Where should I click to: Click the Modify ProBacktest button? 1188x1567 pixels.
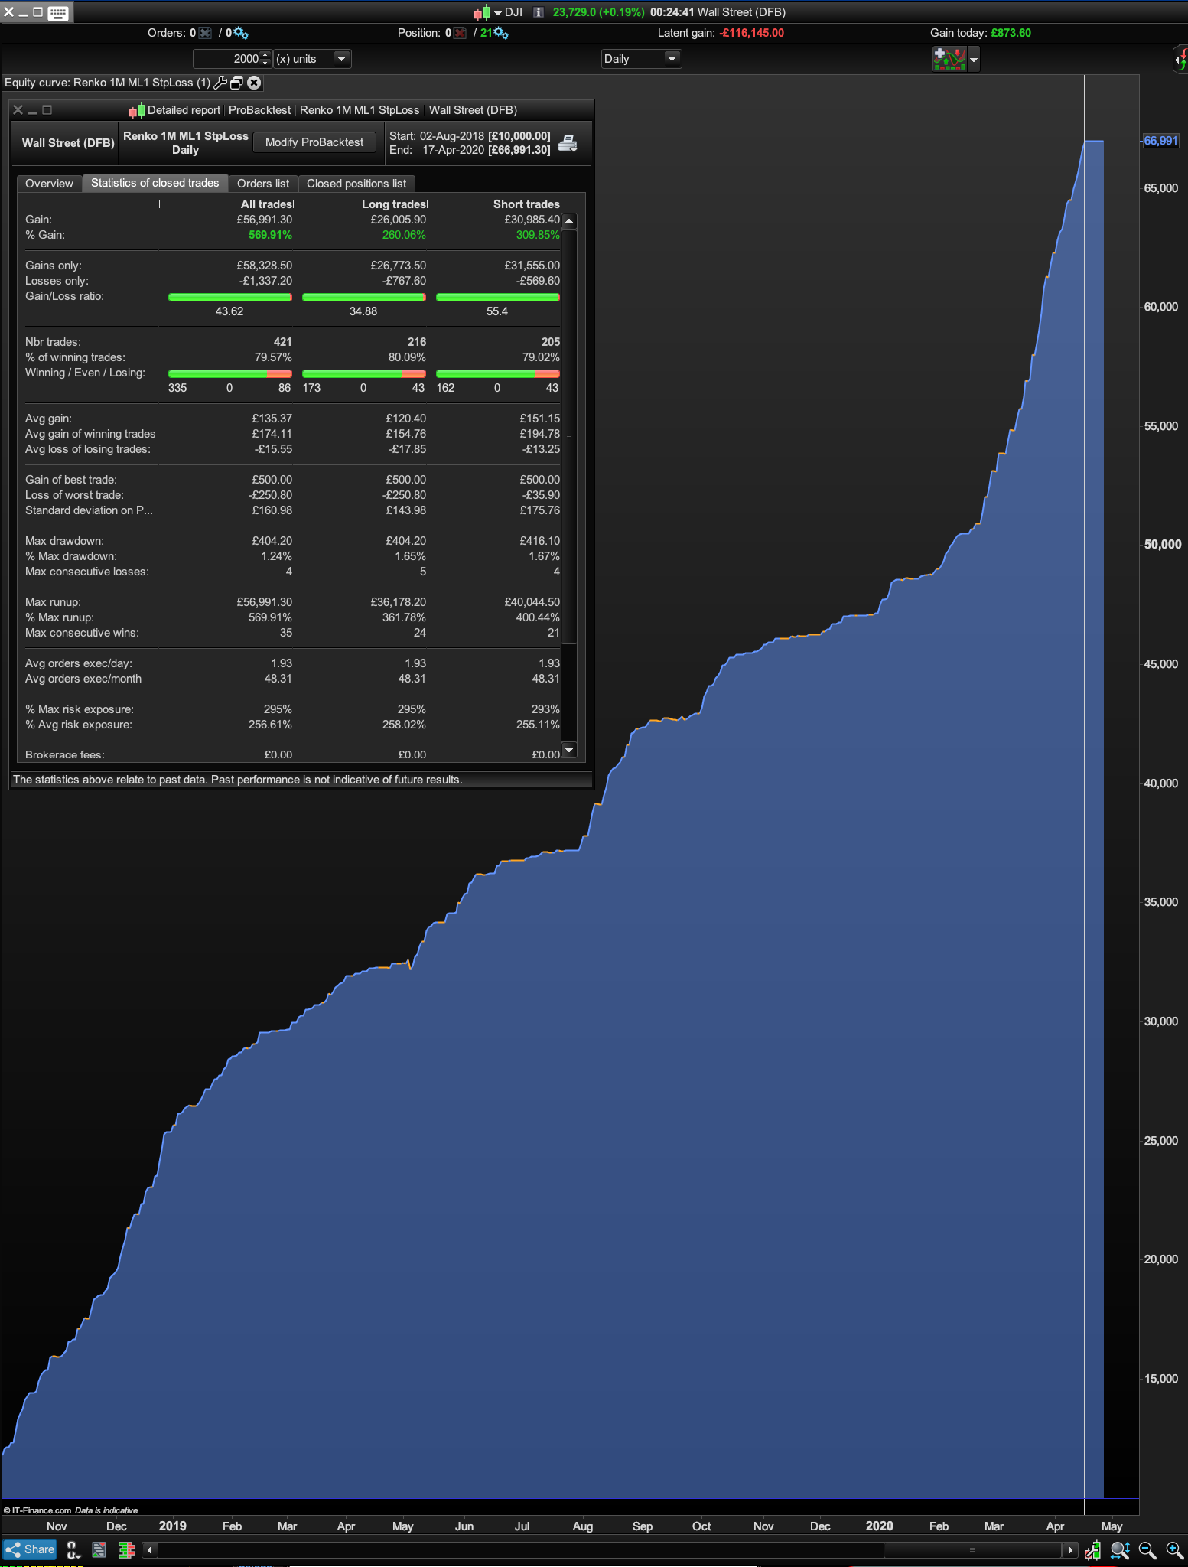[x=314, y=142]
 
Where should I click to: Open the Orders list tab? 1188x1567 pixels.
[x=263, y=184]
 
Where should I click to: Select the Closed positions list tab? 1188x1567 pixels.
[x=356, y=184]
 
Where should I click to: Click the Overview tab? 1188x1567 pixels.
[x=49, y=184]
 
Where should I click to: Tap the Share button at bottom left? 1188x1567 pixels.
[x=31, y=1549]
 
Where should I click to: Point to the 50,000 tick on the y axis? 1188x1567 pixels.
[x=1162, y=545]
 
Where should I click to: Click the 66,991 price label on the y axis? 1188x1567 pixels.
[x=1160, y=141]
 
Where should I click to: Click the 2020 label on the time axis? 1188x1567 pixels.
[x=879, y=1526]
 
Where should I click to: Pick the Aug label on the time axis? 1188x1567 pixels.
[x=582, y=1526]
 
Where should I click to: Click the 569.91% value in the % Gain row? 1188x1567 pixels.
[x=270, y=235]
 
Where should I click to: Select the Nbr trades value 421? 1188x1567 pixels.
[x=282, y=342]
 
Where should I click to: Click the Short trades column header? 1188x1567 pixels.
[x=526, y=204]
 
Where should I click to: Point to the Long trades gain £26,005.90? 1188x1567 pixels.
[x=398, y=220]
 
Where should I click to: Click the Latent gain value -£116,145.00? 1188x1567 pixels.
[x=752, y=33]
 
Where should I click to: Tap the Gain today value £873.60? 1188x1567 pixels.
[x=1011, y=33]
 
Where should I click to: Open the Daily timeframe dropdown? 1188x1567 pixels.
[x=641, y=59]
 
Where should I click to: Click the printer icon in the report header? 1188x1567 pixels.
[x=568, y=143]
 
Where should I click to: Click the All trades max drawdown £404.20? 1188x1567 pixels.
[x=272, y=541]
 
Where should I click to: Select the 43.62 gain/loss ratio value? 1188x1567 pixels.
[x=229, y=311]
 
